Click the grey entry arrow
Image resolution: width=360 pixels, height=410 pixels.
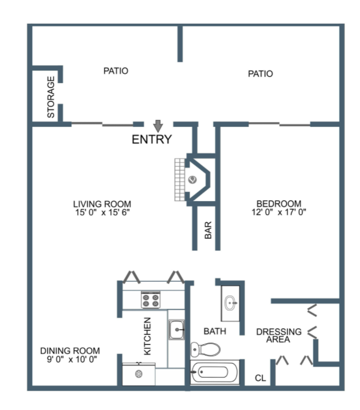tap(158, 126)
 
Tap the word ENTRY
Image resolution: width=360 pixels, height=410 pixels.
tap(152, 139)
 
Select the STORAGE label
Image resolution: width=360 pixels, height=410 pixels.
tap(51, 97)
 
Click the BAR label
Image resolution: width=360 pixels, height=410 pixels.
tap(208, 230)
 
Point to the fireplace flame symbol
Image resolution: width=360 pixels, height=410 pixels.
tap(192, 180)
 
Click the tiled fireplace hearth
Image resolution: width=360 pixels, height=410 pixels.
tap(180, 180)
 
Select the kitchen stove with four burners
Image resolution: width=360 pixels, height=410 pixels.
tap(151, 300)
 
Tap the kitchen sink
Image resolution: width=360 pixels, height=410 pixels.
tap(176, 330)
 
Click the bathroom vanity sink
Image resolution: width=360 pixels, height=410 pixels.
tap(230, 303)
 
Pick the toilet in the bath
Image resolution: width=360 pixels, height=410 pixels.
tap(206, 349)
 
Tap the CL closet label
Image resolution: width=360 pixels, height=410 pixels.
tap(260, 378)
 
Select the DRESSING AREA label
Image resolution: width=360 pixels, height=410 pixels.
tap(279, 336)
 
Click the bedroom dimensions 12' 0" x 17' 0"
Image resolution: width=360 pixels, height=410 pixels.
tap(279, 212)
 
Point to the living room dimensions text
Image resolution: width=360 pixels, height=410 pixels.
tap(103, 212)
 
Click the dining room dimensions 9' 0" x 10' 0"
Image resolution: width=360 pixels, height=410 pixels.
tap(72, 359)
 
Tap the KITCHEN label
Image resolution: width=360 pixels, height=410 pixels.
tap(148, 336)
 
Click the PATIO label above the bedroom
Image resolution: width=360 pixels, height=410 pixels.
tap(260, 74)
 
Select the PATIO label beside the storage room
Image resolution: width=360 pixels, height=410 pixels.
tap(116, 71)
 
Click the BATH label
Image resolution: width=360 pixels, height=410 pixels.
tap(215, 331)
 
